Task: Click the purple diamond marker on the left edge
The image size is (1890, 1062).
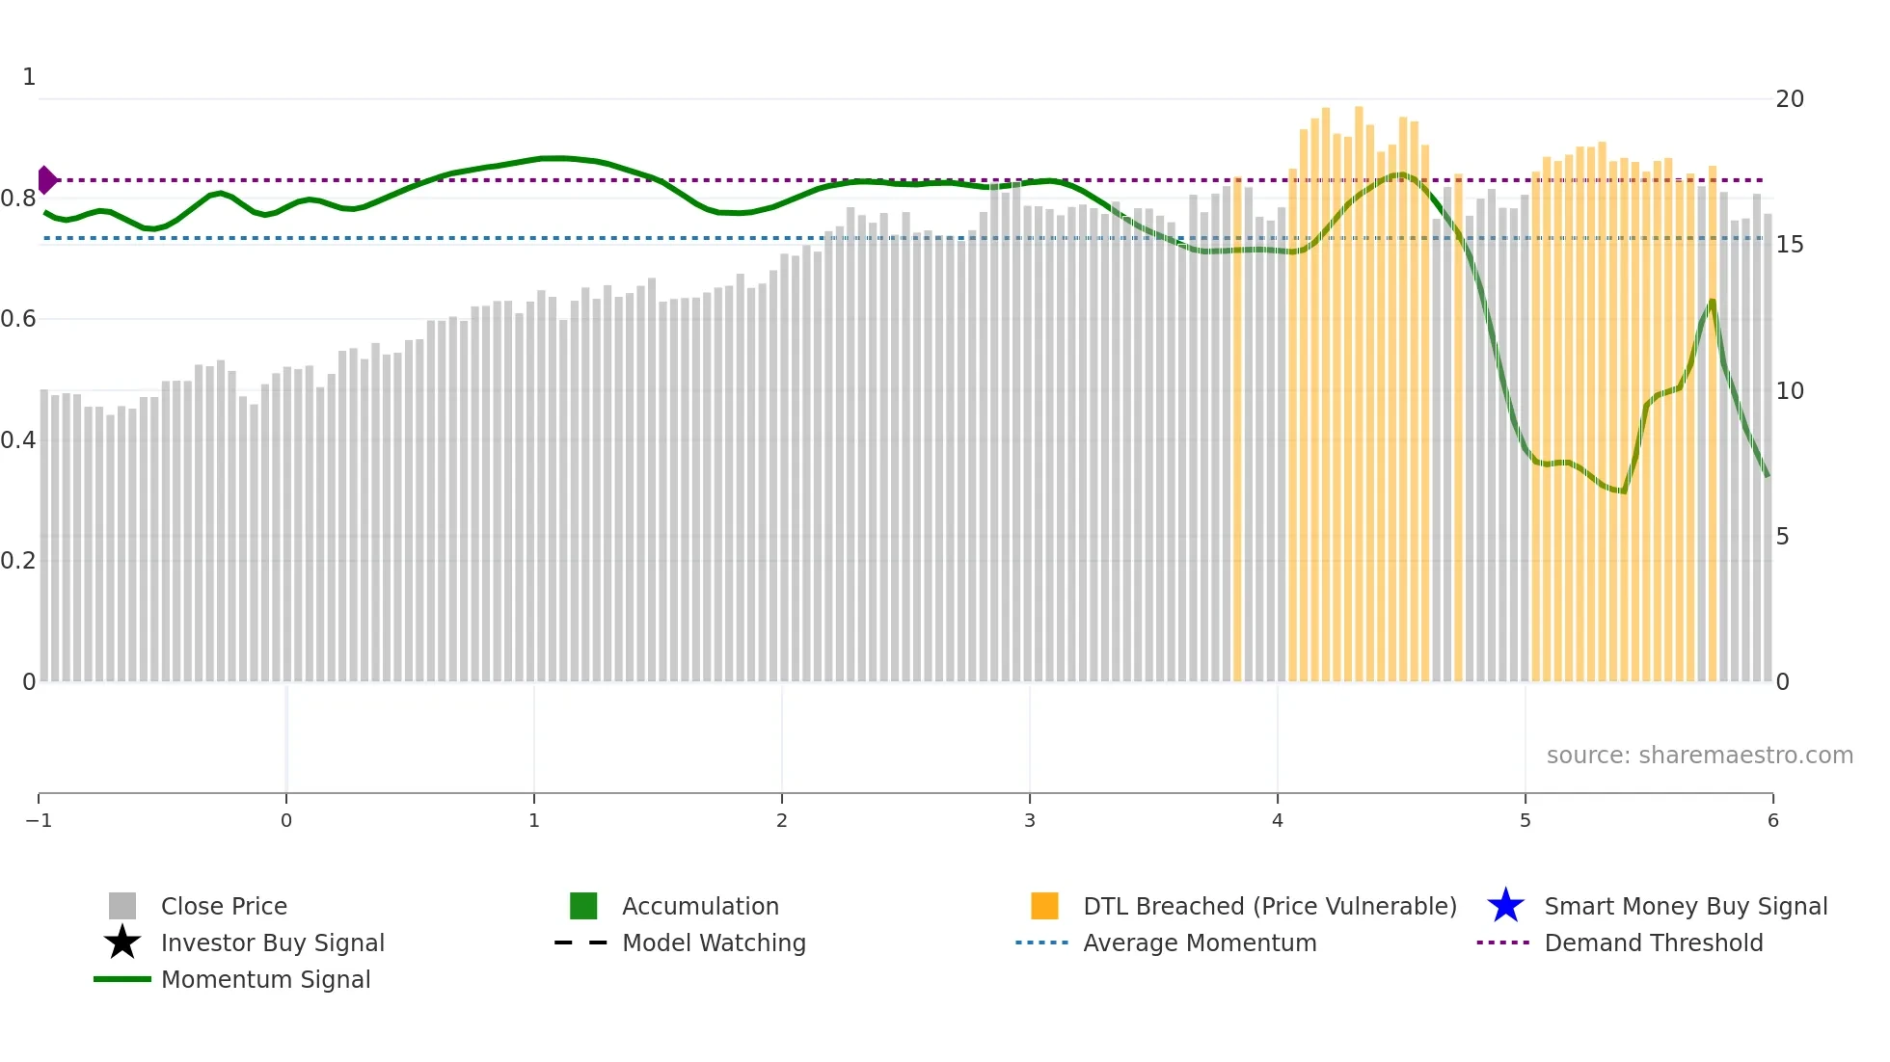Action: pyautogui.click(x=46, y=180)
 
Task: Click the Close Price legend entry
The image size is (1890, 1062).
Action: pyautogui.click(x=223, y=906)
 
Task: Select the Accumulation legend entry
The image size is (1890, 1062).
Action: pyautogui.click(x=699, y=906)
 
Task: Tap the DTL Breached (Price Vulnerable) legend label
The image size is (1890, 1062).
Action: pyautogui.click(x=1269, y=906)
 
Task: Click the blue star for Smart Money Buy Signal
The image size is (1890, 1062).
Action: pyautogui.click(x=1505, y=906)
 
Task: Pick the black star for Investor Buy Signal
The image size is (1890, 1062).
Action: pyautogui.click(x=122, y=943)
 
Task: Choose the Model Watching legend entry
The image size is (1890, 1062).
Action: pyautogui.click(x=713, y=943)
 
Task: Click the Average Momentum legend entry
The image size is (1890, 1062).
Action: pyautogui.click(x=1199, y=943)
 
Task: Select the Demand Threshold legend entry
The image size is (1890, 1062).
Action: pyautogui.click(x=1653, y=943)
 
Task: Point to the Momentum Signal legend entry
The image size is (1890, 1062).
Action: pyautogui.click(x=265, y=979)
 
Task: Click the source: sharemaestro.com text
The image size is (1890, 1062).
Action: pyautogui.click(x=1699, y=755)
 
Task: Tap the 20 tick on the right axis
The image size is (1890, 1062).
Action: pyautogui.click(x=1789, y=99)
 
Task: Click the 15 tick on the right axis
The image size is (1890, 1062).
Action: pyautogui.click(x=1789, y=245)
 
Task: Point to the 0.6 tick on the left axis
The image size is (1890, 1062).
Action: pyautogui.click(x=18, y=319)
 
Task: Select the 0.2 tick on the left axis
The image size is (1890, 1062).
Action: pyautogui.click(x=18, y=561)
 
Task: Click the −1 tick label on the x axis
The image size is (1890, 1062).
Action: pyautogui.click(x=39, y=820)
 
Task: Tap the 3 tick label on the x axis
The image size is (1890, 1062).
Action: pyautogui.click(x=1029, y=820)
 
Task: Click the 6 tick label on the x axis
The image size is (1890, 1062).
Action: pyautogui.click(x=1772, y=820)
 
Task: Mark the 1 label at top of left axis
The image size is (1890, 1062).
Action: pyautogui.click(x=29, y=76)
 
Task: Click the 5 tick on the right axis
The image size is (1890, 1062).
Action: pyautogui.click(x=1782, y=537)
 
